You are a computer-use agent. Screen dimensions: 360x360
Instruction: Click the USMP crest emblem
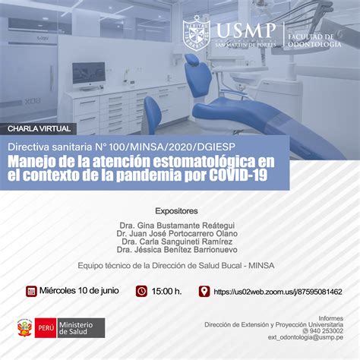pyautogui.click(x=200, y=36)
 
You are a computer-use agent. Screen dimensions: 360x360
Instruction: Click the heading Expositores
pyautogui.click(x=176, y=210)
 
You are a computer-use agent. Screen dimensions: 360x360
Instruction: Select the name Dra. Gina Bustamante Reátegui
pyautogui.click(x=175, y=226)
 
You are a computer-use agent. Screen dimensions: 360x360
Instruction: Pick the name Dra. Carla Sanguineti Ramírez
pyautogui.click(x=175, y=242)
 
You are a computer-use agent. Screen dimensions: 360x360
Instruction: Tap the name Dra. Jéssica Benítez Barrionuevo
pyautogui.click(x=175, y=249)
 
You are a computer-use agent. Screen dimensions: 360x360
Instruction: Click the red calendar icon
pyautogui.click(x=31, y=291)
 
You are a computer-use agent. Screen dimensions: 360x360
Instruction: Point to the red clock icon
pyautogui.click(x=141, y=291)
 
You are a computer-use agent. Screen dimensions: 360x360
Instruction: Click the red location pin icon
pyautogui.click(x=204, y=291)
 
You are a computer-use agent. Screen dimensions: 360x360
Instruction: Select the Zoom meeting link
pyautogui.click(x=277, y=292)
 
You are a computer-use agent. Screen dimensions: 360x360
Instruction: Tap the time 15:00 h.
pyautogui.click(x=167, y=292)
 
